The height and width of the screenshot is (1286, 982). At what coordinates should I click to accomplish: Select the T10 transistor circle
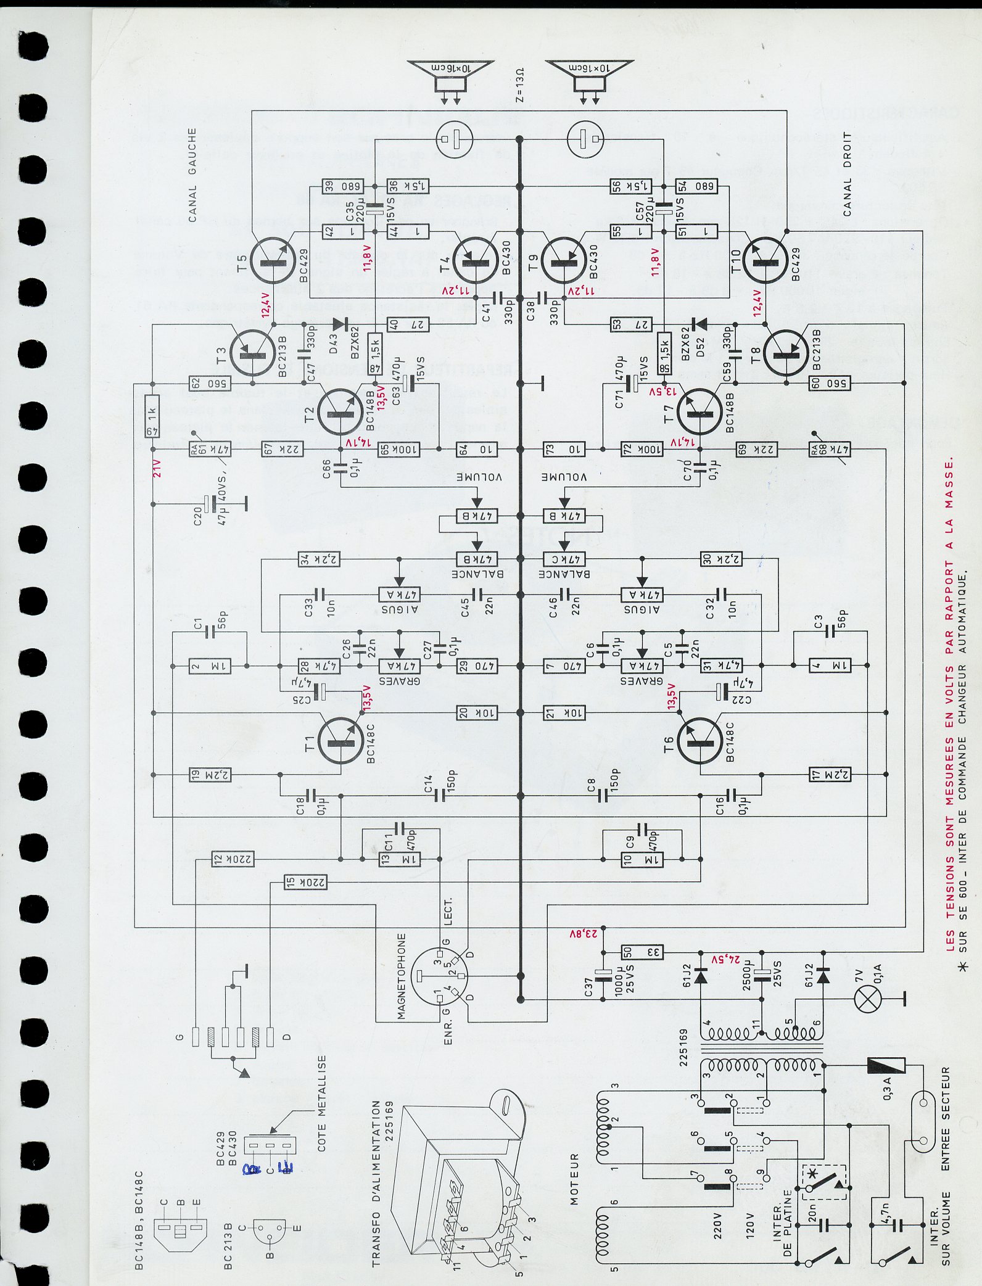click(765, 260)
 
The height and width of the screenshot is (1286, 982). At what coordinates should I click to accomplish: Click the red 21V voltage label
click(157, 468)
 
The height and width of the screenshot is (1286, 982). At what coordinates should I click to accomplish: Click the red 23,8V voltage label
click(584, 933)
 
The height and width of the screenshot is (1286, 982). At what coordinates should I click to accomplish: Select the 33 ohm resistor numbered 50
click(642, 952)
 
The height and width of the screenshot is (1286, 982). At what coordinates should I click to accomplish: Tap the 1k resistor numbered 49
click(152, 416)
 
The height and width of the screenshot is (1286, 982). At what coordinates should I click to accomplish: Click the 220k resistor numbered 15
click(305, 883)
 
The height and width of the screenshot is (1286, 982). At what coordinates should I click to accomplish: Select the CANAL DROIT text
click(847, 174)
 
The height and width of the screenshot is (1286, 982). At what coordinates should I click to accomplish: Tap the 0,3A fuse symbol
click(886, 1065)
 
